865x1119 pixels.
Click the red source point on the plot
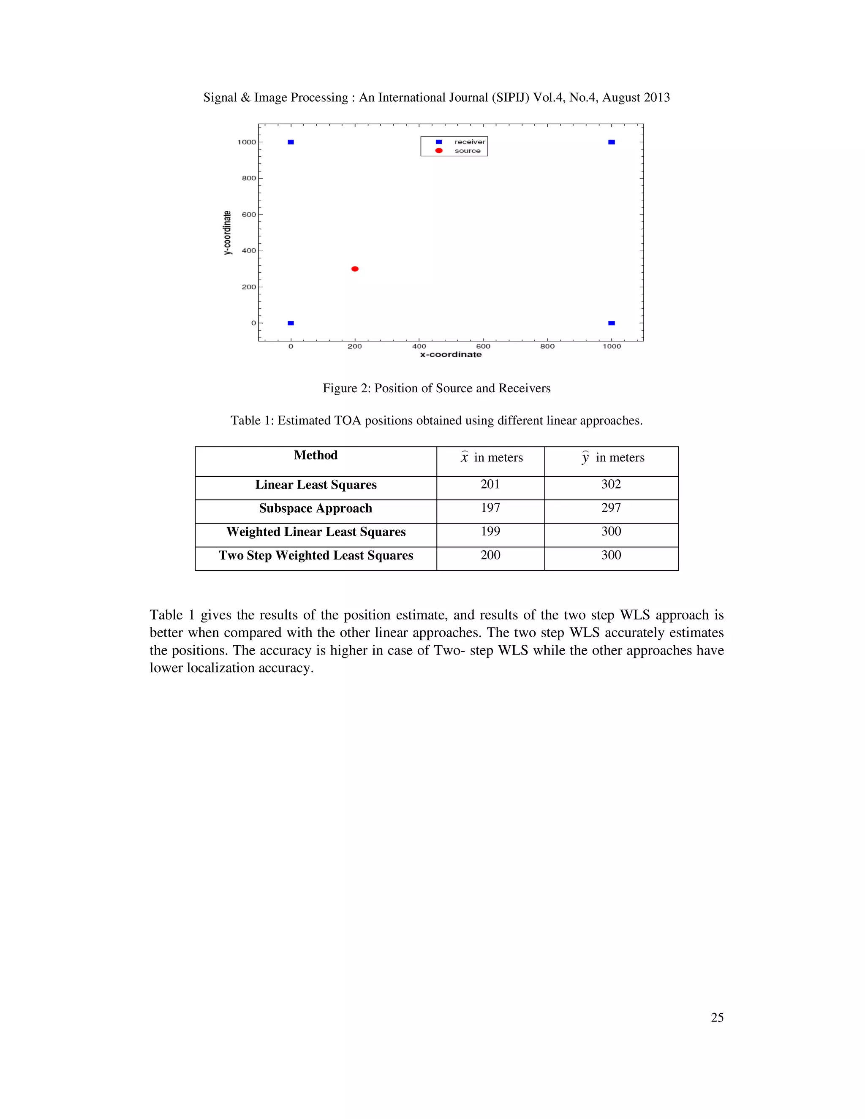click(355, 269)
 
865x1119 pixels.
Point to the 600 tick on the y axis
click(249, 215)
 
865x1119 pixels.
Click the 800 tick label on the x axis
click(547, 346)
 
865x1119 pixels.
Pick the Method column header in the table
click(316, 456)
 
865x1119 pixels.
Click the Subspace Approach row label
click(316, 508)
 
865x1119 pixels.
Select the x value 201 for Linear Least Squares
click(490, 484)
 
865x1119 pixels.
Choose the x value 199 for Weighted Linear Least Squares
click(490, 531)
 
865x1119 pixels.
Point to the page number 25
click(717, 1018)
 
